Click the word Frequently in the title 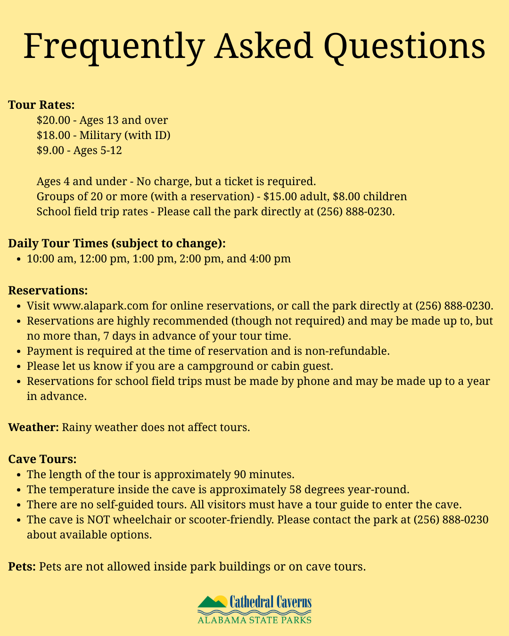click(x=114, y=46)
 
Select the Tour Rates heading click(x=41, y=105)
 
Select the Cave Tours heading click(x=42, y=459)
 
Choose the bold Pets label click(x=22, y=566)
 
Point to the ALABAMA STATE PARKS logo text click(x=254, y=620)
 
